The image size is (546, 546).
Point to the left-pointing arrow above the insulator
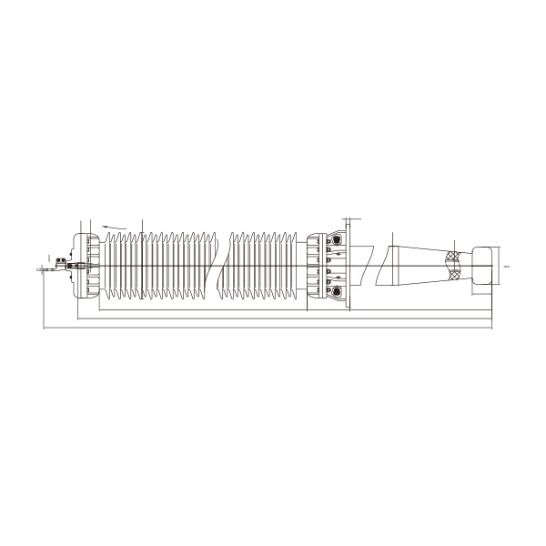(113, 225)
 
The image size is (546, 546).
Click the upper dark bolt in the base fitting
(338, 240)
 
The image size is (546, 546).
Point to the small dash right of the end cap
(507, 267)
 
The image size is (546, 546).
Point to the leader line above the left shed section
(142, 226)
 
